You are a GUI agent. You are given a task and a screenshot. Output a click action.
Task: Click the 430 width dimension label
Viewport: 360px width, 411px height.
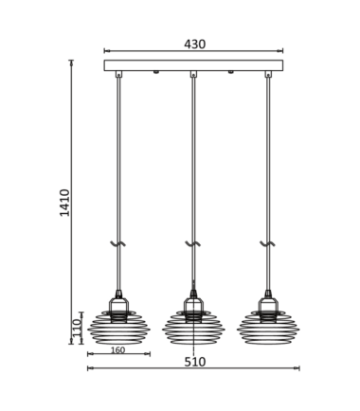click(x=195, y=45)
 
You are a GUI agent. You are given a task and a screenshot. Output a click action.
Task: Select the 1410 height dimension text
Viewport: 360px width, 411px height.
click(x=64, y=203)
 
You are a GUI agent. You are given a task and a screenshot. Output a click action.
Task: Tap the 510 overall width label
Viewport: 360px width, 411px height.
click(x=195, y=362)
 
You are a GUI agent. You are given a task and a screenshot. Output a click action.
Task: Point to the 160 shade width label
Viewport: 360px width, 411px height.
click(x=118, y=349)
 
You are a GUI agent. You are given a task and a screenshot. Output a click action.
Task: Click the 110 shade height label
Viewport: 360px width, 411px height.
click(x=77, y=328)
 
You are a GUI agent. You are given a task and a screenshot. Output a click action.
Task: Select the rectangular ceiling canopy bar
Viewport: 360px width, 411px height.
click(x=193, y=65)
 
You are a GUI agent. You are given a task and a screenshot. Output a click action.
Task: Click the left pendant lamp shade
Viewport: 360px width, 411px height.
click(x=118, y=327)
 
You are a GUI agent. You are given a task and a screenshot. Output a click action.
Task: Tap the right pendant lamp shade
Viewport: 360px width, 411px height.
click(x=268, y=327)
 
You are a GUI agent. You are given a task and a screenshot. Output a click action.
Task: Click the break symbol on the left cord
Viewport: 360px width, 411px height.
click(x=118, y=243)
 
